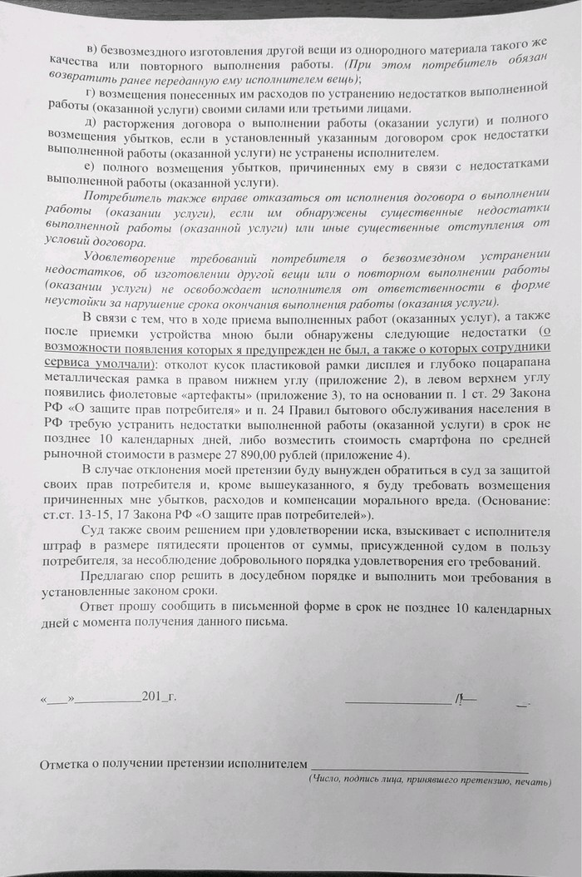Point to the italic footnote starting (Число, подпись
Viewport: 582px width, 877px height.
428,781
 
